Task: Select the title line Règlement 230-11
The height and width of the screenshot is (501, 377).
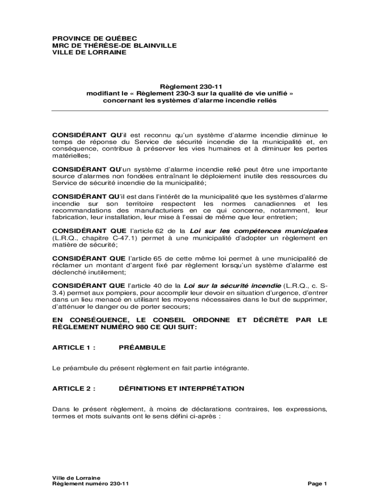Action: point(189,86)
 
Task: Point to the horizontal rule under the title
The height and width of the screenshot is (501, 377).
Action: point(190,111)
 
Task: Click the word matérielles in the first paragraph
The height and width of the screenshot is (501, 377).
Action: point(71,156)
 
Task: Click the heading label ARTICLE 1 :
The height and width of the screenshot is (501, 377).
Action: point(73,347)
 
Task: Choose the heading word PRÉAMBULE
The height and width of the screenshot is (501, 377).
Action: point(142,347)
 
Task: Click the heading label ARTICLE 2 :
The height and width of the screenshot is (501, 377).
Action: point(73,388)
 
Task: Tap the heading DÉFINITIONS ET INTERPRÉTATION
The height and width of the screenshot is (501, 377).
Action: point(181,388)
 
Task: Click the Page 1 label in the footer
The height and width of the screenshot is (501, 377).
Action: point(317,484)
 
